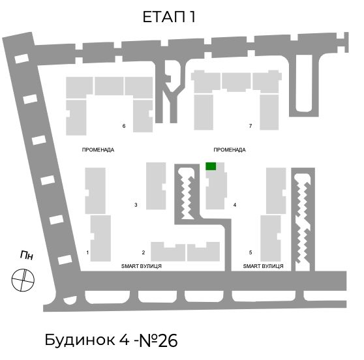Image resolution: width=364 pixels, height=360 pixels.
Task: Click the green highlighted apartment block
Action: (x=211, y=166)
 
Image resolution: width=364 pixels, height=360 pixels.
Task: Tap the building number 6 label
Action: (x=124, y=126)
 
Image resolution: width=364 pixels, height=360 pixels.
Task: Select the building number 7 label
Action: (x=250, y=126)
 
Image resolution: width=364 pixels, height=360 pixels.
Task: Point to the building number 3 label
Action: (x=136, y=205)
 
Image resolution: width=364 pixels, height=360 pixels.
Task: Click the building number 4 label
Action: (x=235, y=205)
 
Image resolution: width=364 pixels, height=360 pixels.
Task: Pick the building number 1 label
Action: (x=87, y=252)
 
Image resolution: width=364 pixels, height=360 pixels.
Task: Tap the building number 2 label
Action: (x=144, y=252)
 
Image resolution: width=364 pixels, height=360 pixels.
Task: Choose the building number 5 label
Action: (x=250, y=252)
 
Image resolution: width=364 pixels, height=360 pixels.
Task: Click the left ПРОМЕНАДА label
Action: (x=98, y=150)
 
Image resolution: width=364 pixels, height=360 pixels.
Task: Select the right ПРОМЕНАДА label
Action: (x=230, y=150)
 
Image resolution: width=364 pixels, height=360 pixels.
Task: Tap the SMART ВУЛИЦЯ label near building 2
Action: (x=142, y=266)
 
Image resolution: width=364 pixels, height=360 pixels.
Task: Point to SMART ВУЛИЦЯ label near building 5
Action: (x=263, y=266)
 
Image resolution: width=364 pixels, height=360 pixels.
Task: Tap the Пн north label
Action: (x=27, y=255)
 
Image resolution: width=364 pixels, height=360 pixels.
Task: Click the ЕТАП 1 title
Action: (x=169, y=17)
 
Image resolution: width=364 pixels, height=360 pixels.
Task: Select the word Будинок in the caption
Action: (x=80, y=340)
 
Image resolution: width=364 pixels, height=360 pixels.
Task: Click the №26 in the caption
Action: (x=159, y=340)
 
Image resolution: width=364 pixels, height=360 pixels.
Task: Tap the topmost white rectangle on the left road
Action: (x=22, y=59)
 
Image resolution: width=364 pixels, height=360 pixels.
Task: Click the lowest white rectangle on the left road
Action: (x=65, y=260)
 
